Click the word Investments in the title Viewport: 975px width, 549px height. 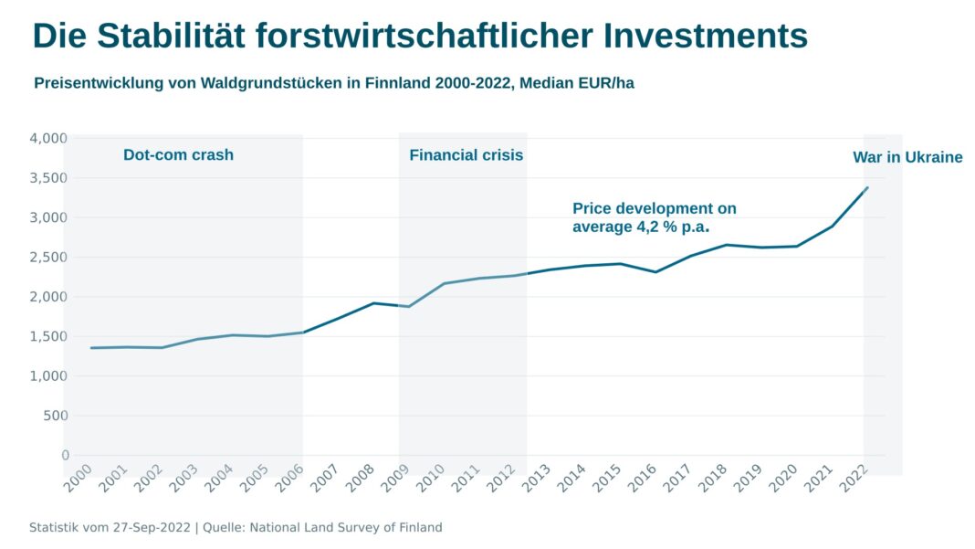(705, 36)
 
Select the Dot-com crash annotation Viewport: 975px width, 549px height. (178, 155)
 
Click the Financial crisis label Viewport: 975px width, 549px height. (466, 155)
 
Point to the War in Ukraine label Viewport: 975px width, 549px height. (907, 157)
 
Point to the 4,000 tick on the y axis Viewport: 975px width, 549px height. (48, 138)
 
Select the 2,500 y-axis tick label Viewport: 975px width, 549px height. (48, 257)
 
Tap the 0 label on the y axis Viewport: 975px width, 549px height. (65, 455)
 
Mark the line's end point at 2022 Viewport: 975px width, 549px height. (867, 187)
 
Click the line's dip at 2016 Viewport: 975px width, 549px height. (656, 271)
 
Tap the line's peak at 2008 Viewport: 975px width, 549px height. (373, 303)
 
